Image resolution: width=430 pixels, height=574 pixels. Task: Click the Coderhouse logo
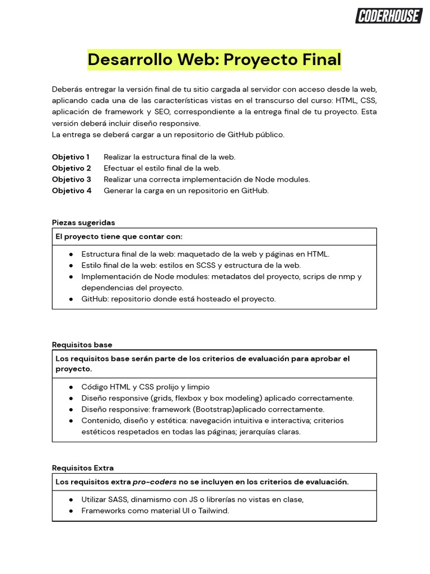(x=389, y=16)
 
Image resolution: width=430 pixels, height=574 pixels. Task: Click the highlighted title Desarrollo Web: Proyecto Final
(x=214, y=59)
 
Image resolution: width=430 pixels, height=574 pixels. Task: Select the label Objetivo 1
(x=71, y=157)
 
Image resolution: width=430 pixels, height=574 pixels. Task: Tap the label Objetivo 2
(x=71, y=168)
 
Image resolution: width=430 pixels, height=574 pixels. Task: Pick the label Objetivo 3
(x=71, y=179)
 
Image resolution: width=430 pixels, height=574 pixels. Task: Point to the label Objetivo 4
(x=71, y=191)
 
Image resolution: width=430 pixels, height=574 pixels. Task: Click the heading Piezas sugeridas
(x=83, y=223)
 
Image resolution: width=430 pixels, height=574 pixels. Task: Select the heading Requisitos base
(x=82, y=345)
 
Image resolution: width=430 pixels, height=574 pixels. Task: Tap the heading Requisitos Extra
(x=82, y=468)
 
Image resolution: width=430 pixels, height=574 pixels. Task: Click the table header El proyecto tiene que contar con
(x=119, y=237)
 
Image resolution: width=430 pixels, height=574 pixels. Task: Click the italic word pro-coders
(x=155, y=482)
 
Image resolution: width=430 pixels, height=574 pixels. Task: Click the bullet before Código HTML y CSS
(x=71, y=387)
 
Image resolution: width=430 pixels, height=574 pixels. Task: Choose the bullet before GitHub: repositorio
(x=71, y=299)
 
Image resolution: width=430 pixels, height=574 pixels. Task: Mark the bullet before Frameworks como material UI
(x=71, y=511)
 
